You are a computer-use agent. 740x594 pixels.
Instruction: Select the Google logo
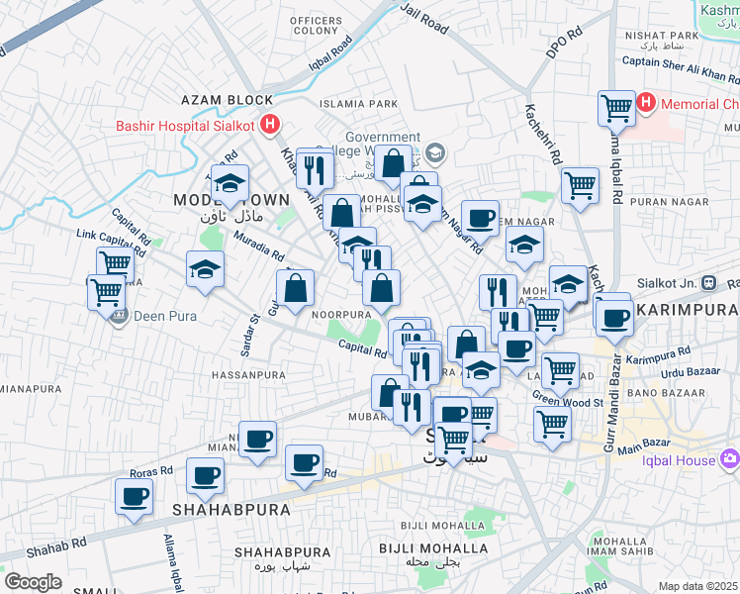(33, 582)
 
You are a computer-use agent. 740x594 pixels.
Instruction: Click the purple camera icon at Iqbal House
(730, 458)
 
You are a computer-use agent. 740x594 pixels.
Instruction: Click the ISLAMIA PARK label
(357, 104)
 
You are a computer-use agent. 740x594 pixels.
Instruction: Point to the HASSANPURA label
(248, 376)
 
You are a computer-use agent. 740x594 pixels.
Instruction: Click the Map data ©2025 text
(698, 586)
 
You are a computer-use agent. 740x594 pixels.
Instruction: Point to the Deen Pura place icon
(120, 317)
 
